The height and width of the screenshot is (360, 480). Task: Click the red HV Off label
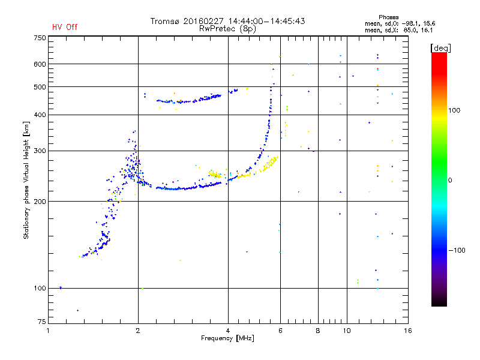pyautogui.click(x=65, y=27)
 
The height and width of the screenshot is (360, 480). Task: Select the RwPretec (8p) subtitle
pyautogui.click(x=227, y=29)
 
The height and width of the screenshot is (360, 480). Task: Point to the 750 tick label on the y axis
pyautogui.click(x=40, y=38)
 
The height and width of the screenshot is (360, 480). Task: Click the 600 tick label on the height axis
pyautogui.click(x=40, y=64)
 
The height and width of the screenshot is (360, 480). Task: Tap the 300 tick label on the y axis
pyautogui.click(x=40, y=151)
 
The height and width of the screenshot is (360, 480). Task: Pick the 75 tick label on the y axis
pyautogui.click(x=41, y=322)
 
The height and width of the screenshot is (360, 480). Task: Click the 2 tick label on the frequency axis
pyautogui.click(x=138, y=331)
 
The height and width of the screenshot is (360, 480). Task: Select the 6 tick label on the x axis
pyautogui.click(x=280, y=331)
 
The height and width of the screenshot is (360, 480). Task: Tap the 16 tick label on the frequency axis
pyautogui.click(x=408, y=331)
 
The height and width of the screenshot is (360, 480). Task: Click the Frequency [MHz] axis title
pyautogui.click(x=227, y=338)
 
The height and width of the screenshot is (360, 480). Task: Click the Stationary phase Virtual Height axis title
pyautogui.click(x=26, y=181)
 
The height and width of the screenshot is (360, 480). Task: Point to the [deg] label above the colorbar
pyautogui.click(x=440, y=49)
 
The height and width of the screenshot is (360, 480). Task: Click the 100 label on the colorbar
pyautogui.click(x=454, y=110)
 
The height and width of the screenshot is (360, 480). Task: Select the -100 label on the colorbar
pyautogui.click(x=457, y=250)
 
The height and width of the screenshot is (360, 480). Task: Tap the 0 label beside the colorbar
pyautogui.click(x=450, y=181)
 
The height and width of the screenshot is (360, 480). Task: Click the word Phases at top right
pyautogui.click(x=388, y=17)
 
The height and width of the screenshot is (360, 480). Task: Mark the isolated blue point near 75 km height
pyautogui.click(x=77, y=310)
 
